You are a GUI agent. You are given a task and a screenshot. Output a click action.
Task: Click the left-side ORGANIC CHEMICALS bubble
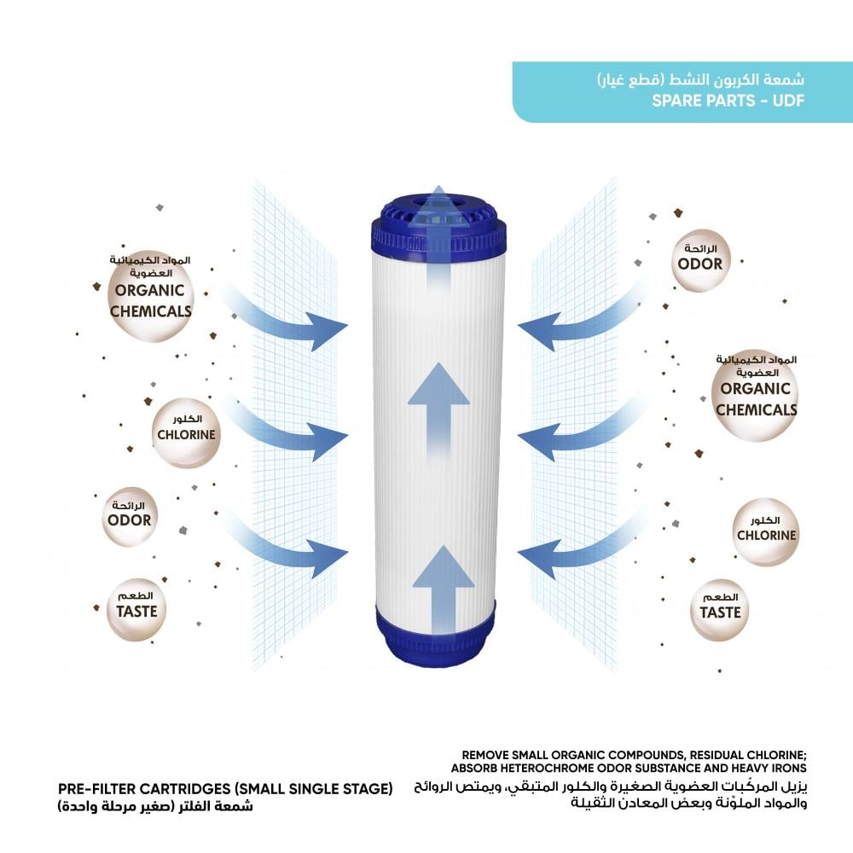pos(150,297)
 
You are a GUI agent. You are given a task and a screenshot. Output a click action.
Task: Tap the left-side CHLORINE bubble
pos(186,433)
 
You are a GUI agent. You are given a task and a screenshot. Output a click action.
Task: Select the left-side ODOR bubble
pos(130,517)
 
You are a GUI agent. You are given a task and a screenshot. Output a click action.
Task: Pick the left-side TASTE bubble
pos(136,609)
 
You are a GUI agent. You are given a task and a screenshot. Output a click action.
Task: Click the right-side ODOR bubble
pos(699,260)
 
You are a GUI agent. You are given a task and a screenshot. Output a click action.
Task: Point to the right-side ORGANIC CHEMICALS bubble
pos(755,396)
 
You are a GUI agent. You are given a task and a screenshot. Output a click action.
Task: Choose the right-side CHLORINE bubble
pos(765,531)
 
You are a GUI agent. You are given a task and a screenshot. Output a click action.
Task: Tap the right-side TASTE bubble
pos(720,610)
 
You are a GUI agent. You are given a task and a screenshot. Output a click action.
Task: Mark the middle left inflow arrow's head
pos(328,440)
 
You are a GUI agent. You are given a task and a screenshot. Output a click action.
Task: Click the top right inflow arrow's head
pos(538,331)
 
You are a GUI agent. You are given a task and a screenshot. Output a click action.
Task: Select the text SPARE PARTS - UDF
pos(728,101)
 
